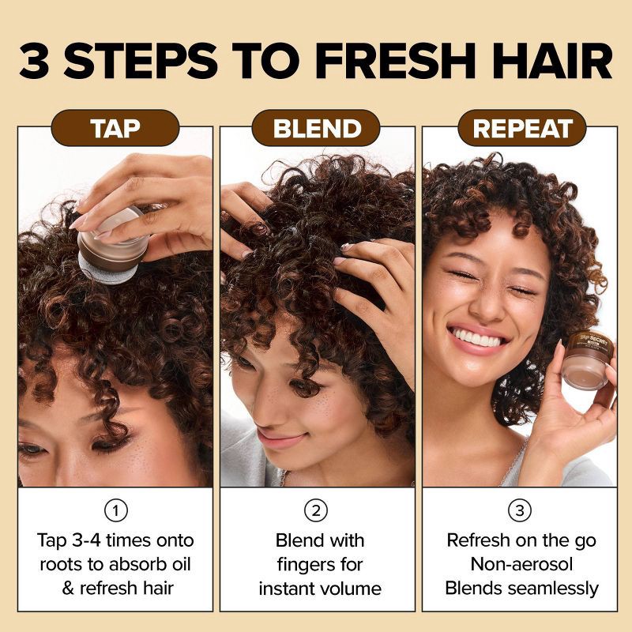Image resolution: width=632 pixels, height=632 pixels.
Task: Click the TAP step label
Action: click(115, 128)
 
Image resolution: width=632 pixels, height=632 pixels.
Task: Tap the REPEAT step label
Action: click(522, 128)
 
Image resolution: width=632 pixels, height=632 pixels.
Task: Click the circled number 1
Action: click(115, 510)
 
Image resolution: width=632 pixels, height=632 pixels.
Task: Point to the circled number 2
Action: click(316, 510)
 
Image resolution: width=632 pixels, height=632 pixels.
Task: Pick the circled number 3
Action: click(520, 510)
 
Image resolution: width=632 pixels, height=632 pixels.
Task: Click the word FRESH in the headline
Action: click(394, 61)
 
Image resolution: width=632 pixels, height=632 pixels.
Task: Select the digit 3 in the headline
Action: click(34, 61)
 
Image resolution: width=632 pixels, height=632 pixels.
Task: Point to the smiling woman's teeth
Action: click(480, 338)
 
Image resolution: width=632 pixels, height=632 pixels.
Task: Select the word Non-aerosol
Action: click(521, 564)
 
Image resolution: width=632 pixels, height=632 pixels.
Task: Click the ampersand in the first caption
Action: click(68, 589)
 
